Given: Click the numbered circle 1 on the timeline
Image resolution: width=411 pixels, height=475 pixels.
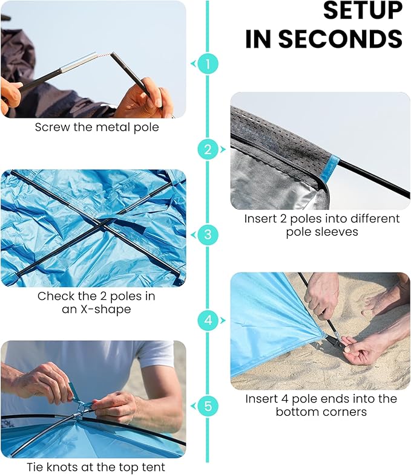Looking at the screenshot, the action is [x=208, y=64].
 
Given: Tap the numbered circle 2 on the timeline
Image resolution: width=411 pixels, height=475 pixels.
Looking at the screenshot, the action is [x=208, y=149].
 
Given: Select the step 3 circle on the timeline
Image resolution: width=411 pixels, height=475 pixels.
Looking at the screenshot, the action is [x=208, y=234].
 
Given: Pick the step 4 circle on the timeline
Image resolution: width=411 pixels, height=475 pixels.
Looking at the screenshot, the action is [x=208, y=320].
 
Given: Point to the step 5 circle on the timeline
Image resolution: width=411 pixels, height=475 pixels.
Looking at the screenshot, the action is [x=208, y=406].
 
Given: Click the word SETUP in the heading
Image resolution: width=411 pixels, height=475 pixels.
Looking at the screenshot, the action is [x=363, y=11].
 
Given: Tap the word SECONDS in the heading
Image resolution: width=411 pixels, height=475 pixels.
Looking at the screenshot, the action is [x=340, y=39].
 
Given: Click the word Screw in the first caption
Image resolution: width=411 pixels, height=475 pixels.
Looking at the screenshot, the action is [x=52, y=127].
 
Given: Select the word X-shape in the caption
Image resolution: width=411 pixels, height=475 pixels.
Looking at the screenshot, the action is [x=105, y=309].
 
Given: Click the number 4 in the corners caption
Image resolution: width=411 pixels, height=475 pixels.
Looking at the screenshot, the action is [x=284, y=399].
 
